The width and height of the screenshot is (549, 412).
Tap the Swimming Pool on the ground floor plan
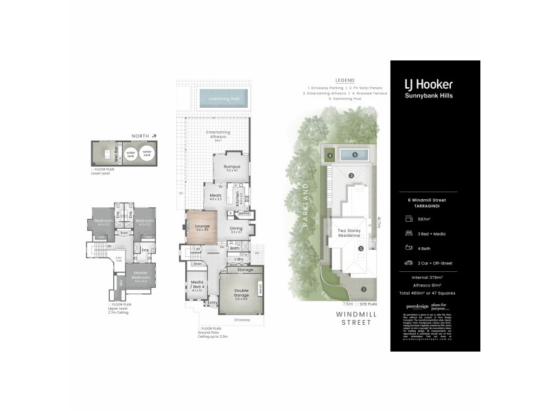tap(224, 99)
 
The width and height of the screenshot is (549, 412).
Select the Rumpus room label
tap(227, 168)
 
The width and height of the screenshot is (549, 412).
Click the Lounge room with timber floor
tap(202, 229)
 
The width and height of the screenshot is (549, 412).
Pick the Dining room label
tap(236, 229)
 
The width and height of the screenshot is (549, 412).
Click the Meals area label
tap(215, 196)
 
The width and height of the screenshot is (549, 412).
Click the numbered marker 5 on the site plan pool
tap(355, 154)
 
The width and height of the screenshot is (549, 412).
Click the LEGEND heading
tap(344, 81)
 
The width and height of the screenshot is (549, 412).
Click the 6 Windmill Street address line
tap(430, 200)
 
